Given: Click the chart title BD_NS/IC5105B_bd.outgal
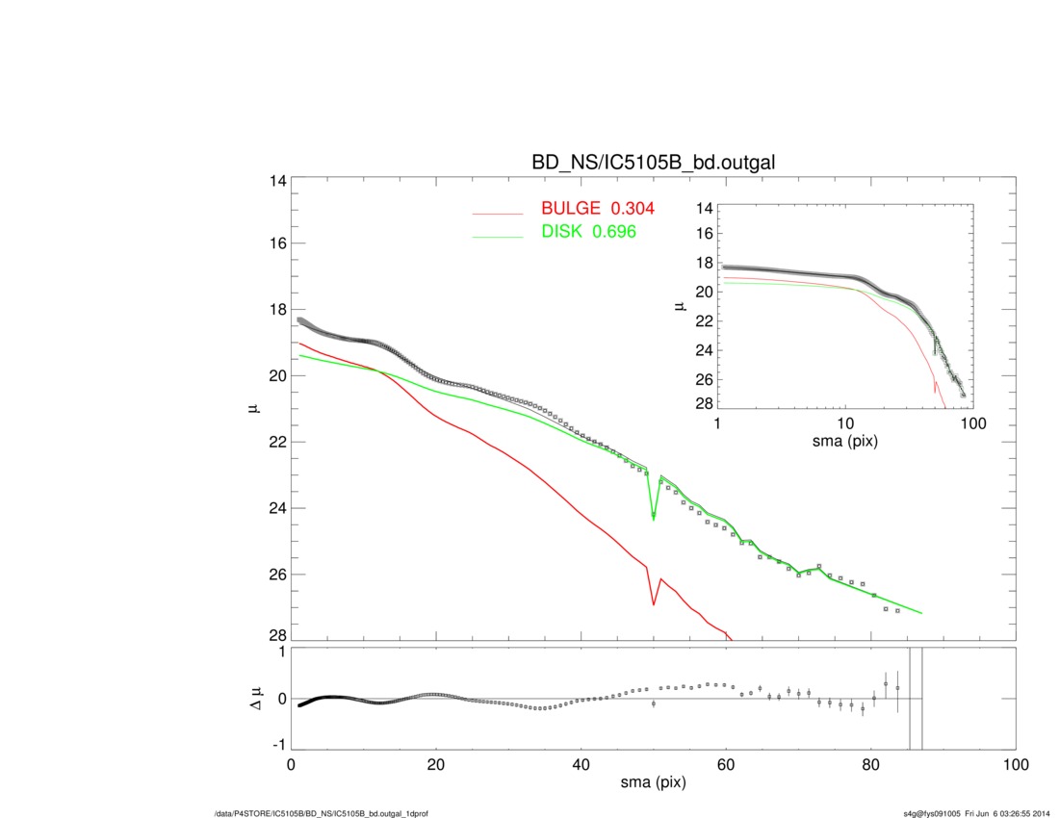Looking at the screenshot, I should pos(654,165).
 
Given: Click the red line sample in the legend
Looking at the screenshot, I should pos(498,213).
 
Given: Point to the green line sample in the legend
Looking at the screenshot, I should pos(498,235).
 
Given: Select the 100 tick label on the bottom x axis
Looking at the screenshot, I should pos(1015,765).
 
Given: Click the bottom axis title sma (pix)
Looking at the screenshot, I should pos(654,784).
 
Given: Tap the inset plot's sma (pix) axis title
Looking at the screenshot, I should pos(845,443).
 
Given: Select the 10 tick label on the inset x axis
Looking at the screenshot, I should pos(845,424).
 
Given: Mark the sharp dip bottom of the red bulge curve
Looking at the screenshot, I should pos(654,604).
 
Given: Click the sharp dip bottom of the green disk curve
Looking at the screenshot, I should pos(654,519).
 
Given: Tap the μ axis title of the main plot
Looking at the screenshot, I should pos(252,408).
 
